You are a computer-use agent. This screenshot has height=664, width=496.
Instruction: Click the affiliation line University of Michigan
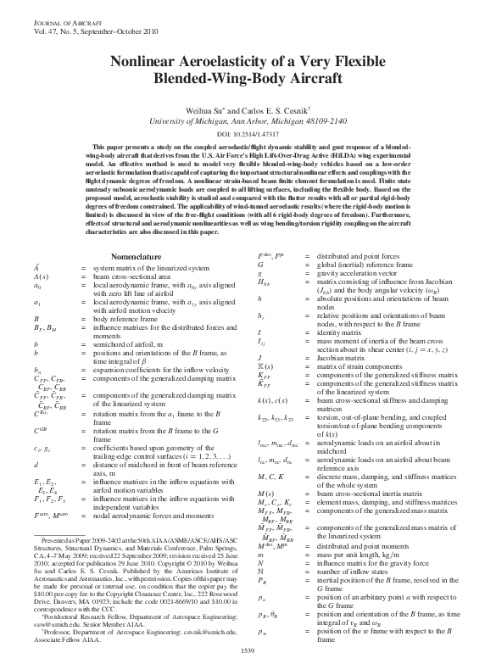(248, 121)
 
